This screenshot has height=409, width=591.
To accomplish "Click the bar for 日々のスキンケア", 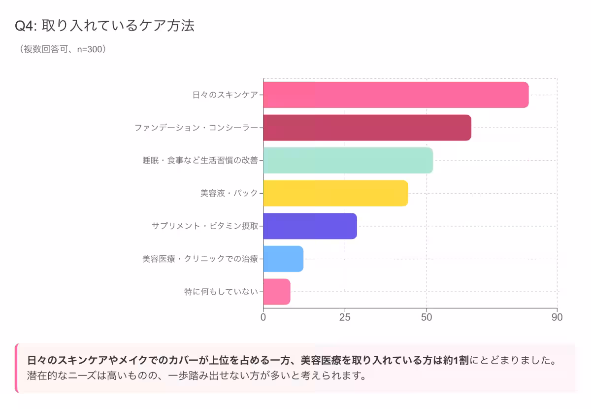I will pos(395,95).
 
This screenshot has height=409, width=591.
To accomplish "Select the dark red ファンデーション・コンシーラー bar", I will pos(367,128).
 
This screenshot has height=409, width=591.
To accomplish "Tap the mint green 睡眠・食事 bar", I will pos(348,160).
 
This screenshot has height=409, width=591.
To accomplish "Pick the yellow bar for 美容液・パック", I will pos(335,193).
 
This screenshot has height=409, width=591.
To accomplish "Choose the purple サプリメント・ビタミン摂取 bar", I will pos(310,226).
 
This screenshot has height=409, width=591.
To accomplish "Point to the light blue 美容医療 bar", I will pos(283,259).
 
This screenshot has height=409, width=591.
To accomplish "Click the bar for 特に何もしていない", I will pos(277,292).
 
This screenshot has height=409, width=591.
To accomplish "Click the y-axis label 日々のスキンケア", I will pos(225,95).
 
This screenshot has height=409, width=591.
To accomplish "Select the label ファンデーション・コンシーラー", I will pos(196,128).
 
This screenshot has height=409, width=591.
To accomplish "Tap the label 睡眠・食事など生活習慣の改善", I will pos(200,160).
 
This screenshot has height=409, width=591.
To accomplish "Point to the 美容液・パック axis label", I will pos(229,193).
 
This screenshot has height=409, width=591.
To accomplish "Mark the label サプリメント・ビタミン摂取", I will pos(205,226).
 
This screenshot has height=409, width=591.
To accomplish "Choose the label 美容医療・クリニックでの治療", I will pos(200,259).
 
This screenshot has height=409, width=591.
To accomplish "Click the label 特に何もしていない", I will pos(221,292).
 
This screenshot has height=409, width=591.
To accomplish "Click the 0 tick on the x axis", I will pos(263,317).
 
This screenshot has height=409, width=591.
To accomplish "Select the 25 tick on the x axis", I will pos(345,317).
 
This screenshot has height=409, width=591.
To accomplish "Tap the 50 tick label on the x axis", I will pos(427,317).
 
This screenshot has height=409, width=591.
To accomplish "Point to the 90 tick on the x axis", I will pos(557,317).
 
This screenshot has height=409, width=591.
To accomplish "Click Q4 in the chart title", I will pos(24,26).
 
